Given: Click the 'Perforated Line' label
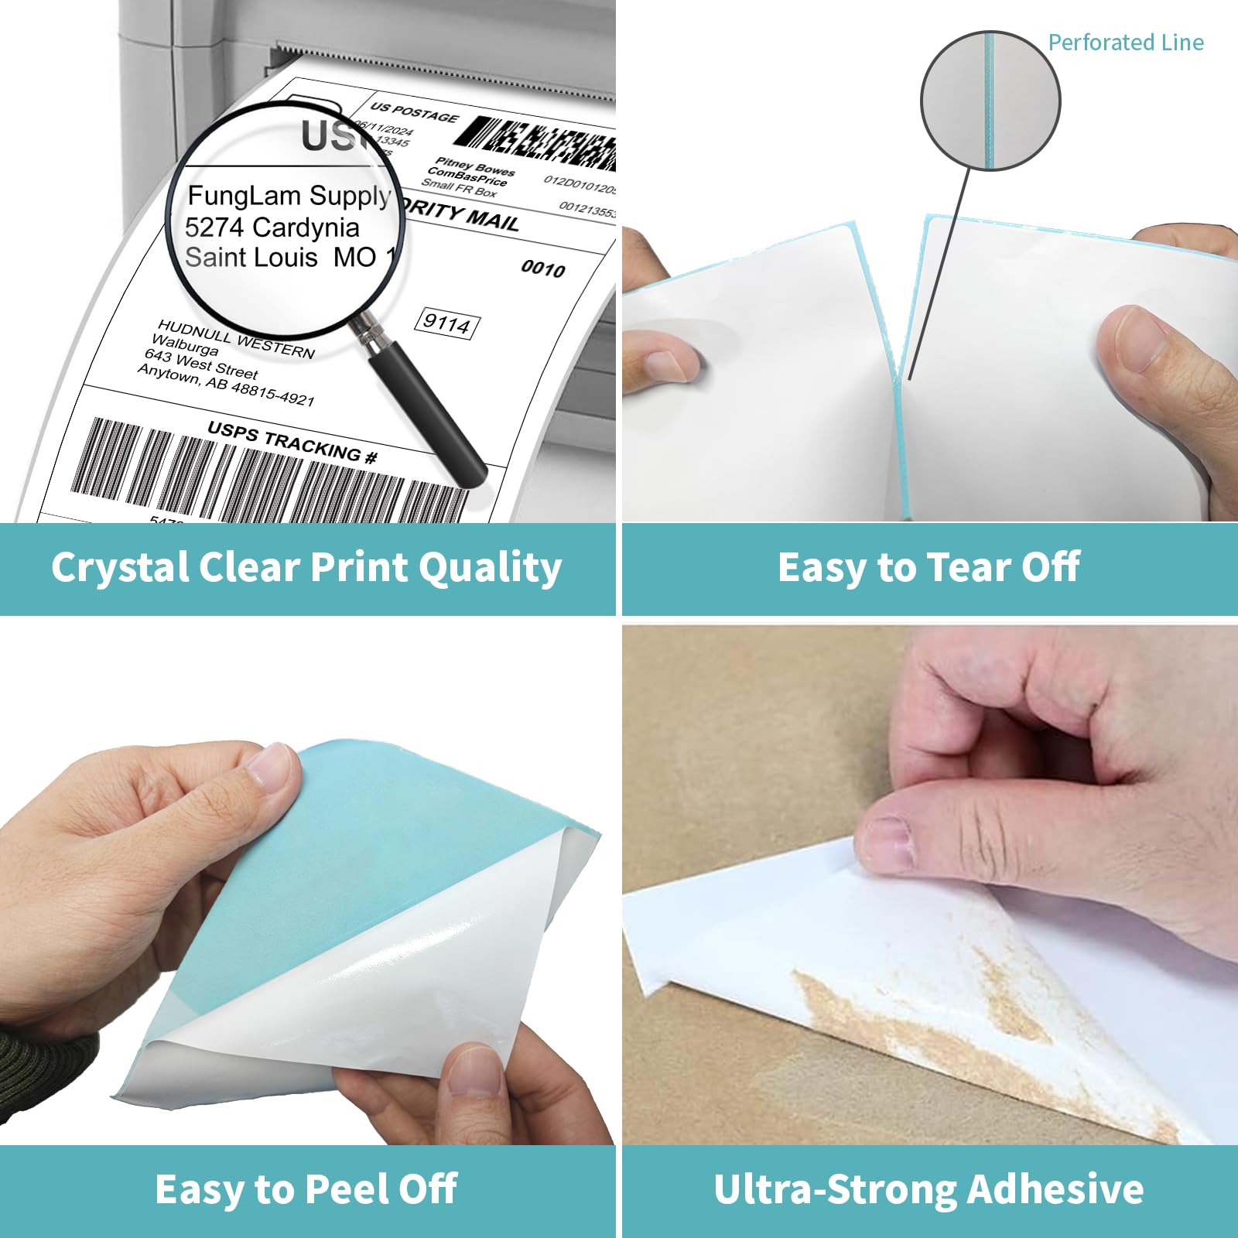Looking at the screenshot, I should click(1125, 43).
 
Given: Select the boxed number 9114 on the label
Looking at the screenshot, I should click(448, 323).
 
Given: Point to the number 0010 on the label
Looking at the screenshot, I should click(543, 268).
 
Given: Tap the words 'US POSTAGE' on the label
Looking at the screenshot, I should click(414, 112).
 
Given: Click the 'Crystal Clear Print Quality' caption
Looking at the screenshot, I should click(306, 568).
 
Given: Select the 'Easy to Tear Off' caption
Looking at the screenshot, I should click(929, 568).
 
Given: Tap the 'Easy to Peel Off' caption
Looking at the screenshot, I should click(306, 1190).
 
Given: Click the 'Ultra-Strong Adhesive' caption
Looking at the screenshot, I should click(929, 1190).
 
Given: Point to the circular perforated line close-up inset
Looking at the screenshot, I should click(990, 101).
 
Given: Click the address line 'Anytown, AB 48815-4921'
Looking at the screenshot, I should click(226, 385).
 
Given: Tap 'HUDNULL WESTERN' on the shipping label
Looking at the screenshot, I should click(236, 339).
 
